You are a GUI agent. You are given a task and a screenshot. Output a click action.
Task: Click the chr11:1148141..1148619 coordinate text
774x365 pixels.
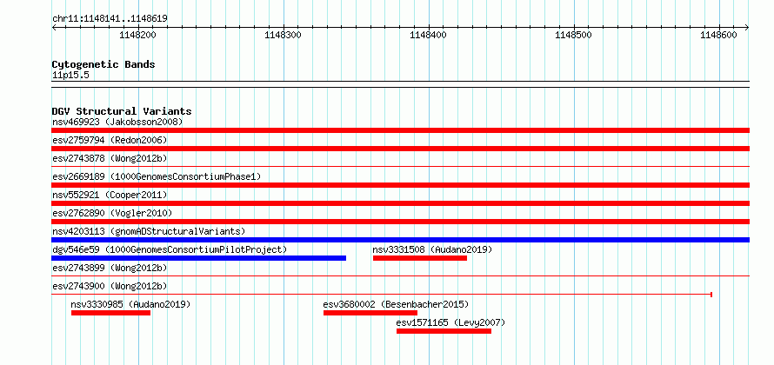click(110, 19)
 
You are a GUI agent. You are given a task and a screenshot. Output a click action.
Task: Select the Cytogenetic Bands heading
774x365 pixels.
click(103, 64)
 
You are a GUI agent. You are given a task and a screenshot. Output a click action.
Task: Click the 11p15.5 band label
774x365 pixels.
click(70, 76)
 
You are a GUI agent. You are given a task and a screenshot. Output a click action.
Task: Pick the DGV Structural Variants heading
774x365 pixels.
click(122, 111)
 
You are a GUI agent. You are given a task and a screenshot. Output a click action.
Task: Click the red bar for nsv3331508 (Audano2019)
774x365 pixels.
click(419, 258)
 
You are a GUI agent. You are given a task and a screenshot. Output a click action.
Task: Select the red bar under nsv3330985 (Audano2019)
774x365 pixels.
click(110, 313)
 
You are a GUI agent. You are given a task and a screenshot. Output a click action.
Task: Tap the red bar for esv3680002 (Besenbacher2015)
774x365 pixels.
click(370, 313)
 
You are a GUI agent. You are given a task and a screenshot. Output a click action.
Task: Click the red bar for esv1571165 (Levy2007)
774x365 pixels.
click(444, 331)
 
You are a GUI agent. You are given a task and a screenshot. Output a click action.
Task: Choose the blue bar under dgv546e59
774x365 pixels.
click(199, 258)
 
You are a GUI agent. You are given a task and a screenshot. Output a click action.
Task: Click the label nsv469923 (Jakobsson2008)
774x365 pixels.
click(117, 122)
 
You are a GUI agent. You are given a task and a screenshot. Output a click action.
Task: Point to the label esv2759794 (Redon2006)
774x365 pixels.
click(110, 140)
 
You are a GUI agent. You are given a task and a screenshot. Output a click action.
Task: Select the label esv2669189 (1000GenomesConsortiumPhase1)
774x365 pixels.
click(157, 176)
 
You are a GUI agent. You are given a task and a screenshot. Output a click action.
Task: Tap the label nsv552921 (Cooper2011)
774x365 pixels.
click(110, 195)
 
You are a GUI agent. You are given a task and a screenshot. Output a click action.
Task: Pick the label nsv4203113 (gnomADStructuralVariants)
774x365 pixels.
click(149, 231)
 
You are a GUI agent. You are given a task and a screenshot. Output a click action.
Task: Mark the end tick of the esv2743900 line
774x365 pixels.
click(711, 295)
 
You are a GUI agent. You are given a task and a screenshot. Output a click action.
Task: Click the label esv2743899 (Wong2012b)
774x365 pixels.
click(110, 268)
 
